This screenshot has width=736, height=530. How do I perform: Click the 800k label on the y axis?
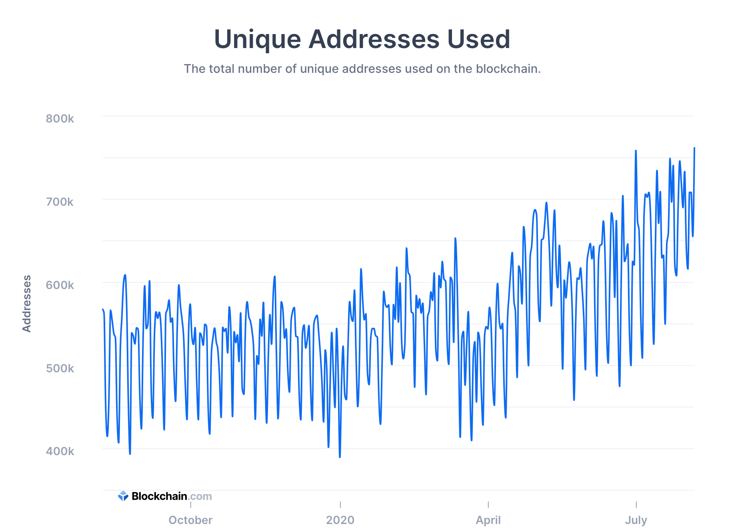pyautogui.click(x=60, y=118)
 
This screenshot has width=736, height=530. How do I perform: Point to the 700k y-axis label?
pyautogui.click(x=60, y=202)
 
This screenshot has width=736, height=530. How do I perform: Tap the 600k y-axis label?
pyautogui.click(x=60, y=285)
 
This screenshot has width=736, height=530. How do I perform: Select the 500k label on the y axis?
pyautogui.click(x=60, y=368)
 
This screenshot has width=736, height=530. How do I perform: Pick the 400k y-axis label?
pyautogui.click(x=60, y=451)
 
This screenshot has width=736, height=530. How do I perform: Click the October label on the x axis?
pyautogui.click(x=190, y=520)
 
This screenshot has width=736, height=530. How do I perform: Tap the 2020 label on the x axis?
pyautogui.click(x=340, y=520)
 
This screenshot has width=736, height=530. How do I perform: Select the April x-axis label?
pyautogui.click(x=488, y=520)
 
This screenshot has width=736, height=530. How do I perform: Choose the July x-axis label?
pyautogui.click(x=636, y=520)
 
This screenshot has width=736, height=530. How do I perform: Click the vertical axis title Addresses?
pyautogui.click(x=26, y=303)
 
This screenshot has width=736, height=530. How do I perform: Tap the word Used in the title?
pyautogui.click(x=478, y=39)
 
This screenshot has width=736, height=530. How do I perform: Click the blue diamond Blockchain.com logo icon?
pyautogui.click(x=123, y=496)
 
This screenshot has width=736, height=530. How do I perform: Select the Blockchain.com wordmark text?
pyautogui.click(x=172, y=496)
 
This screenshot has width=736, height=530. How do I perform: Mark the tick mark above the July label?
pyautogui.click(x=636, y=504)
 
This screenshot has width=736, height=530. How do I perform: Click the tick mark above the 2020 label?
pyautogui.click(x=340, y=504)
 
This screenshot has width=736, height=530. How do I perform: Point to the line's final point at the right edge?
pyautogui.click(x=694, y=148)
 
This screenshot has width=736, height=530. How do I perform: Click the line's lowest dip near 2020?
pyautogui.click(x=340, y=457)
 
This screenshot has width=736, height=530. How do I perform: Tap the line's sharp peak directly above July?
pyautogui.click(x=636, y=151)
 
